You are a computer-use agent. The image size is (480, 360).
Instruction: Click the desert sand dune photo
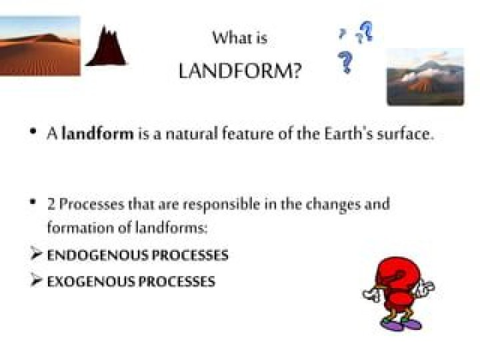tap(40, 46)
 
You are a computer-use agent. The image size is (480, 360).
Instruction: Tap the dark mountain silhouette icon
tap(107, 46)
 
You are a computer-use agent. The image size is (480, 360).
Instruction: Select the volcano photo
tap(425, 77)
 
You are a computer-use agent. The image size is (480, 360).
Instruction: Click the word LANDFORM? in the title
tap(240, 71)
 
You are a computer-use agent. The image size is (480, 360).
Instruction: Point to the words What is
tap(240, 38)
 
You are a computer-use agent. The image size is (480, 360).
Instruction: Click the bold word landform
tap(97, 134)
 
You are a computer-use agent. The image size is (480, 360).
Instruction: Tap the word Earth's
tap(349, 134)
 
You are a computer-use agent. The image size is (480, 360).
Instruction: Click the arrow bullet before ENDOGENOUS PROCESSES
tap(36, 253)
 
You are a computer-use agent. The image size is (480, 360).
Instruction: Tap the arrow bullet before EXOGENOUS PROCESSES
tap(36, 280)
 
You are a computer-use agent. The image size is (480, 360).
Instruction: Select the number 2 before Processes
tap(51, 205)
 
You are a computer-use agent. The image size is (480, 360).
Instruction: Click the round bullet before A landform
tap(33, 131)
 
